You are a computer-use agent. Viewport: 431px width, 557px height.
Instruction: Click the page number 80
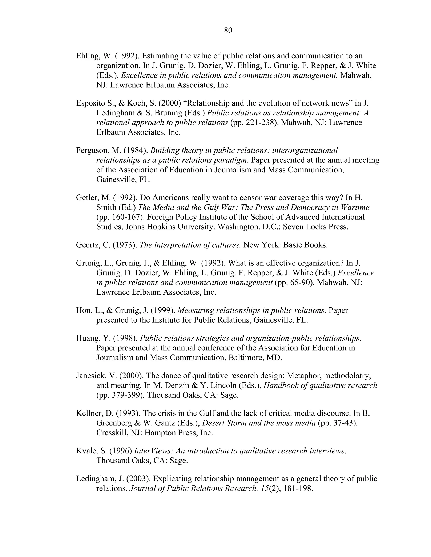click(228, 31)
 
